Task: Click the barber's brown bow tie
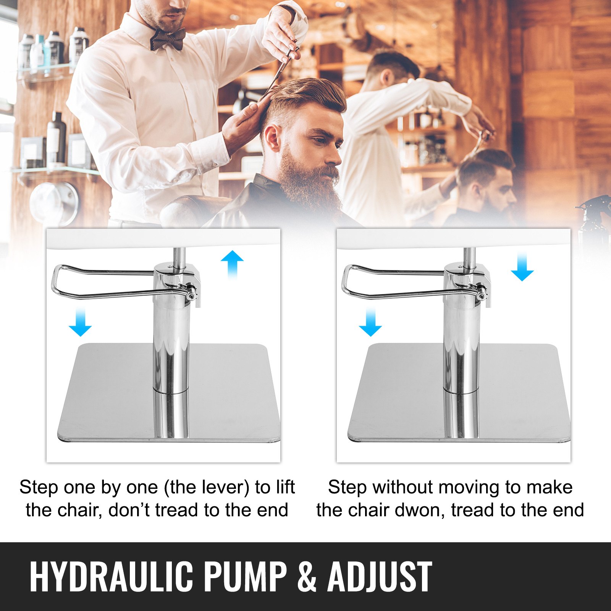pyautogui.click(x=168, y=39)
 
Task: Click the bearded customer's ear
pyautogui.click(x=272, y=137)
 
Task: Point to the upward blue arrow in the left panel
pyautogui.click(x=232, y=265)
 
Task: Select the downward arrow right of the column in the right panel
pyautogui.click(x=522, y=266)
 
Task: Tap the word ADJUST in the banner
pyautogui.click(x=380, y=577)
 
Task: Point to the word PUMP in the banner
pyautogui.click(x=245, y=577)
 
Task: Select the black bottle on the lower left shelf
pyautogui.click(x=57, y=137)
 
